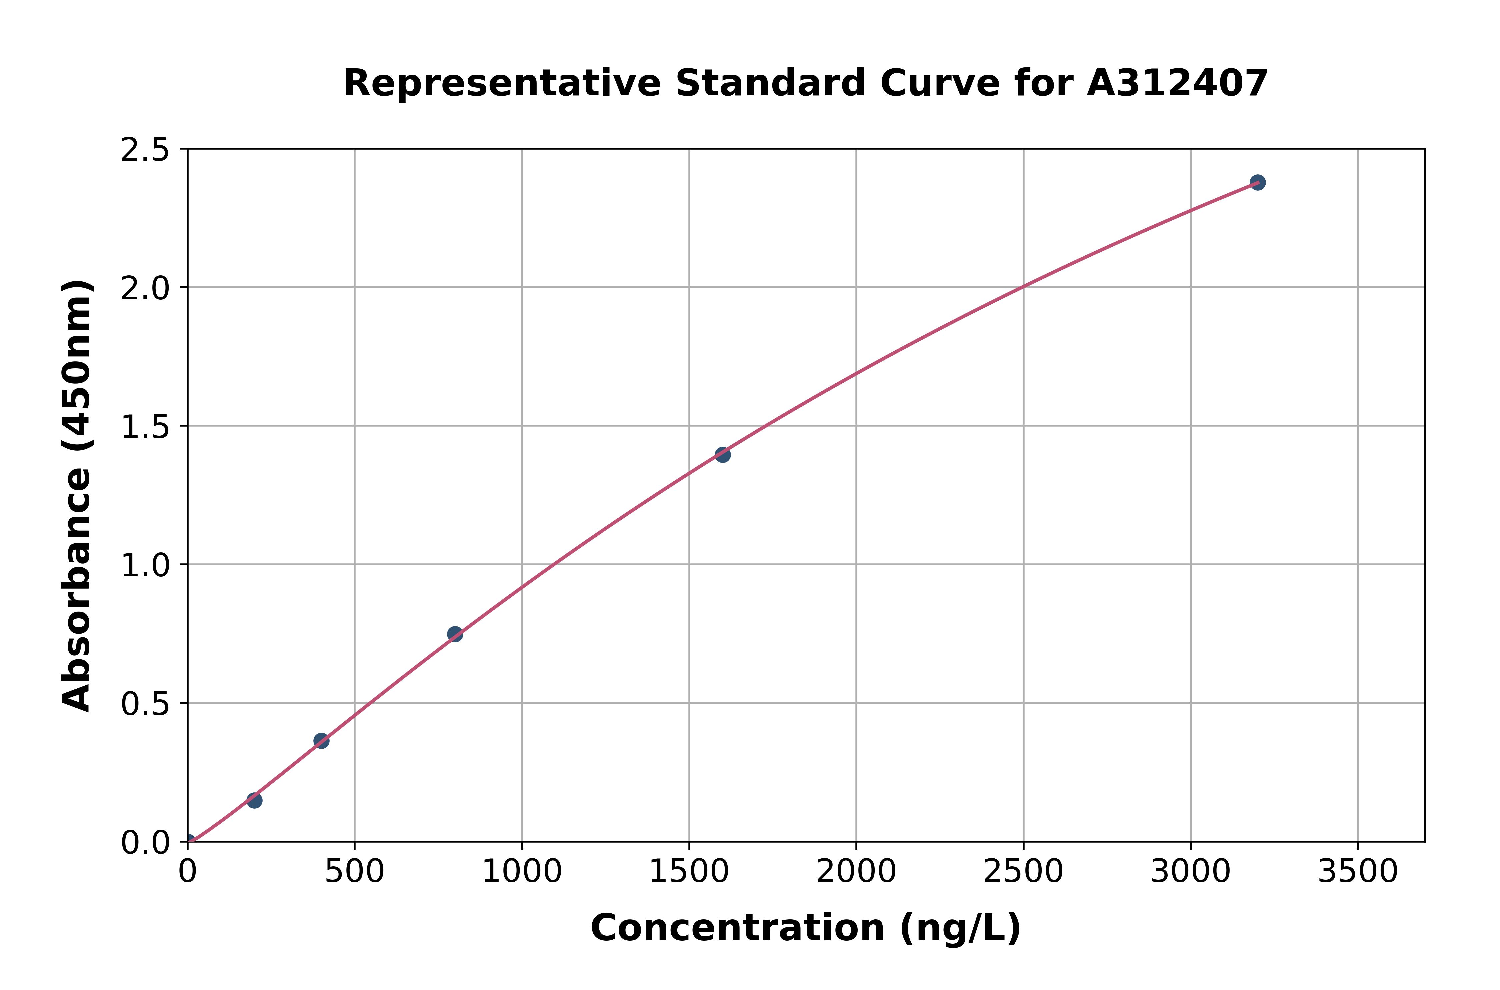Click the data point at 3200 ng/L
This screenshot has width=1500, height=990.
point(1257,182)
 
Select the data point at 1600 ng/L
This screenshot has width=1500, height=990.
point(722,455)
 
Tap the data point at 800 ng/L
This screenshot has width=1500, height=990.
point(455,634)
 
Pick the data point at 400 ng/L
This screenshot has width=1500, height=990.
point(321,741)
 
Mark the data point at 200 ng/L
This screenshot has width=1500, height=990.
point(254,801)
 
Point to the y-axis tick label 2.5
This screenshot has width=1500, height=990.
point(145,150)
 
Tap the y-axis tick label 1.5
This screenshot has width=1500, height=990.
point(145,427)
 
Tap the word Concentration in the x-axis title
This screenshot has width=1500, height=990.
point(737,928)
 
